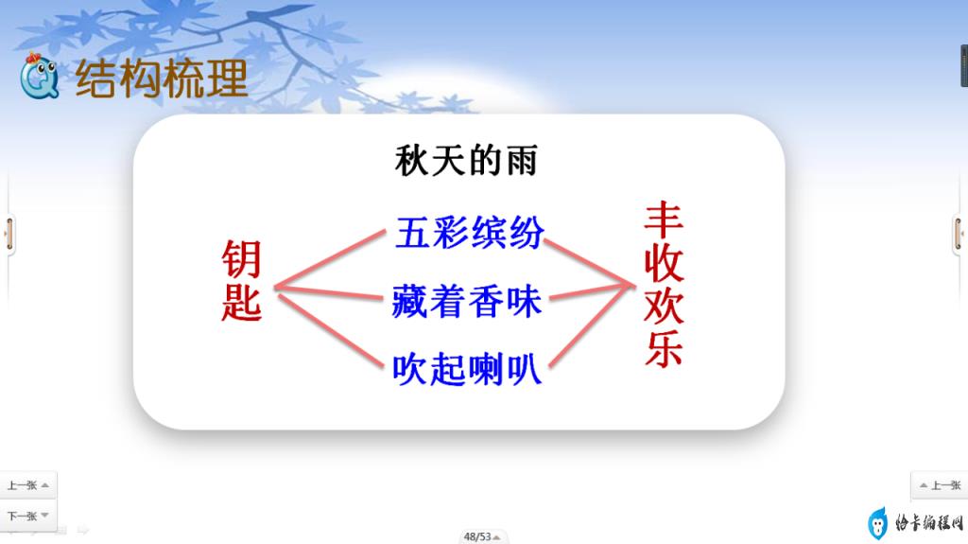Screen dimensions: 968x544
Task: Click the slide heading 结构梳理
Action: point(161,79)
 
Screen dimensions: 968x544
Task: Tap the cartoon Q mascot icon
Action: point(39,77)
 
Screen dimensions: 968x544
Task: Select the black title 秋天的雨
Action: point(466,160)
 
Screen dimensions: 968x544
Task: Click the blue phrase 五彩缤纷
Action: point(469,233)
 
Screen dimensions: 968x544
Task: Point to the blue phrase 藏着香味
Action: point(467,301)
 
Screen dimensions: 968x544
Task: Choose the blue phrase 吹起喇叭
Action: point(467,369)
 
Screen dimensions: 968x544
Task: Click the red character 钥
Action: point(241,259)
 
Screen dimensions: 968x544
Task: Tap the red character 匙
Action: point(241,302)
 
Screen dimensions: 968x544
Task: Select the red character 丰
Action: point(664,220)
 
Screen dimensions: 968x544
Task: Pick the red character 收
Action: point(664,263)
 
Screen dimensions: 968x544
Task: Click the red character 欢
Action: point(664,306)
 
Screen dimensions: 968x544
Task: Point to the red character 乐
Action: point(664,348)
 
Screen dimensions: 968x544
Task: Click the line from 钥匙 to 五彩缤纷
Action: point(330,259)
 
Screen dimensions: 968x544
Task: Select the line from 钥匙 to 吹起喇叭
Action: point(331,331)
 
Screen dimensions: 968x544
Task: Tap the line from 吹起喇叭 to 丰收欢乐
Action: point(592,326)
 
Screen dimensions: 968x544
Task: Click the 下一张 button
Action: point(27,516)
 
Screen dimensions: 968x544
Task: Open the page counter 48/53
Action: point(481,536)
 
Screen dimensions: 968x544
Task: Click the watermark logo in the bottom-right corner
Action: point(915,523)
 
